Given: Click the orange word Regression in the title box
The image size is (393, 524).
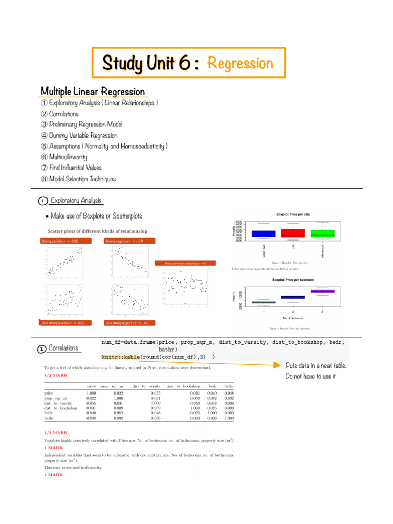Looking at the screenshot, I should (x=240, y=63).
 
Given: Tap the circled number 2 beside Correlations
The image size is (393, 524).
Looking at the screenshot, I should (x=41, y=349).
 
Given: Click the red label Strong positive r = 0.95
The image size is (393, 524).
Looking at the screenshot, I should (x=61, y=241).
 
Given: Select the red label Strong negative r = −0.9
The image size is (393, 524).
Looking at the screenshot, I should (x=125, y=241).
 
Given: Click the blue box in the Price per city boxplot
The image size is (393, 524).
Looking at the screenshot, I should (x=264, y=233).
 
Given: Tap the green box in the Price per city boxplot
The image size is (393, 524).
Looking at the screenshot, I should (x=322, y=233).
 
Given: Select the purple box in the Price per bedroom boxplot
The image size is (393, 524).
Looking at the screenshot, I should (x=322, y=291).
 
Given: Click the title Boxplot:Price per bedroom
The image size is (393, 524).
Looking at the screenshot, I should (x=293, y=280).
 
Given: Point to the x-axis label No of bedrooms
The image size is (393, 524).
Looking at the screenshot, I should (x=293, y=318).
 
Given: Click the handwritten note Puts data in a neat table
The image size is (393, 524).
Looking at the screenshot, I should (x=316, y=365).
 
